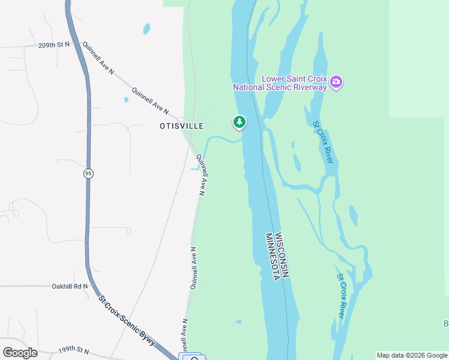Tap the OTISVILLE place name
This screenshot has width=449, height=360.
coord(182,126)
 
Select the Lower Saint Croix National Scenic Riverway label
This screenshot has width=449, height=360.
coord(280,83)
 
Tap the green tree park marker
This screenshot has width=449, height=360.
coord(240,122)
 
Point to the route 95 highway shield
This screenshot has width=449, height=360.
coord(88,173)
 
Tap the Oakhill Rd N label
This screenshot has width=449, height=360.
coord(70,286)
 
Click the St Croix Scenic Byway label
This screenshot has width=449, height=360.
coord(128,320)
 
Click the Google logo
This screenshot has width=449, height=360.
coord(20,353)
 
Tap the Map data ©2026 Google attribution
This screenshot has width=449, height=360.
coord(412,355)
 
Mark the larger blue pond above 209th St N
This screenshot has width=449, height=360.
coord(146,28)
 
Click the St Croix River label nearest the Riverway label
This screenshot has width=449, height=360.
coord(323,141)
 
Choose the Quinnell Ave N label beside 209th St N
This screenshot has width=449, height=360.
coord(98,58)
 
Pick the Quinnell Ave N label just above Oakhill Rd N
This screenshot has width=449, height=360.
coord(194,268)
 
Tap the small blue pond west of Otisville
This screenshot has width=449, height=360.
coord(126,100)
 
